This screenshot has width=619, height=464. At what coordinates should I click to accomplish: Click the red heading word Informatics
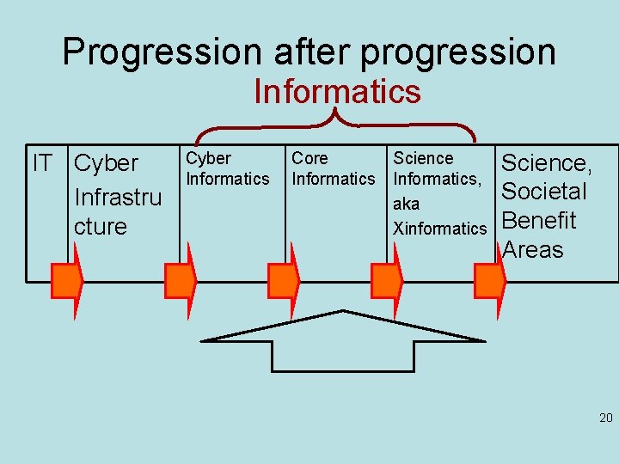337,91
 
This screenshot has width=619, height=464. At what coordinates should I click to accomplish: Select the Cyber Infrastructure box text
118,195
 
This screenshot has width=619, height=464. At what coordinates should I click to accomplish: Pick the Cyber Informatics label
228,168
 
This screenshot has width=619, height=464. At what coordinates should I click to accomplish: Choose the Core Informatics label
334,168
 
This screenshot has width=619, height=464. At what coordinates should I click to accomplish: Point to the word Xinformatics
439,229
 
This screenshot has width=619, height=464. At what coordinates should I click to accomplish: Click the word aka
406,205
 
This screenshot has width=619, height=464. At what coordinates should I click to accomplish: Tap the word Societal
543,191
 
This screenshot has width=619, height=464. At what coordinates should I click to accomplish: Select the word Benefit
538,221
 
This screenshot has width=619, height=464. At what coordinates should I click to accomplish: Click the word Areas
533,250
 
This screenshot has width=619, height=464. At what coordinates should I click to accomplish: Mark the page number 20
605,418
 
